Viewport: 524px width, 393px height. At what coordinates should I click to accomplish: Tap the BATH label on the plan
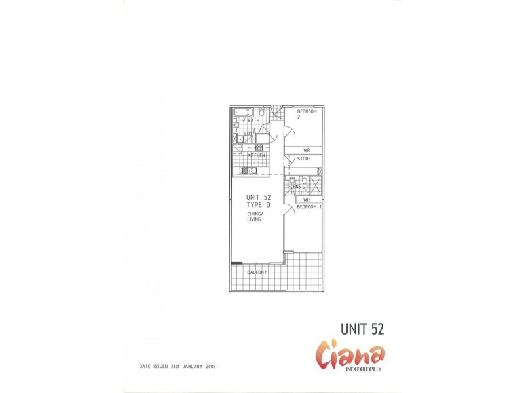[x=252, y=121]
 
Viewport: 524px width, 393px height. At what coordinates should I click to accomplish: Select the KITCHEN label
[x=255, y=155]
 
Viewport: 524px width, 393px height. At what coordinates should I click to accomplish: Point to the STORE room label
[x=304, y=159]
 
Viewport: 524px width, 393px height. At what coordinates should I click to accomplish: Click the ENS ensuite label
[x=297, y=187]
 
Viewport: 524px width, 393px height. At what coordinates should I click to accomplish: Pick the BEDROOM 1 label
[x=309, y=207]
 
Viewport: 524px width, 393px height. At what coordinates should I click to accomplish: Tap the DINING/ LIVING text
[x=255, y=217]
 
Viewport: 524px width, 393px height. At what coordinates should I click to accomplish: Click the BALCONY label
[x=257, y=272]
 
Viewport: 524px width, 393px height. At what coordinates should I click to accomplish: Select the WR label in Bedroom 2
[x=306, y=150]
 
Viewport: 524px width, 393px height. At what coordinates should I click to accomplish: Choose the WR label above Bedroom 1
[x=306, y=200]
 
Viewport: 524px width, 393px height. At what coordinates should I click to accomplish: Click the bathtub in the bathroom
[x=244, y=112]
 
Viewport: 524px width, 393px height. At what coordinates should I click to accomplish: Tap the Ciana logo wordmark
[x=351, y=355]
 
